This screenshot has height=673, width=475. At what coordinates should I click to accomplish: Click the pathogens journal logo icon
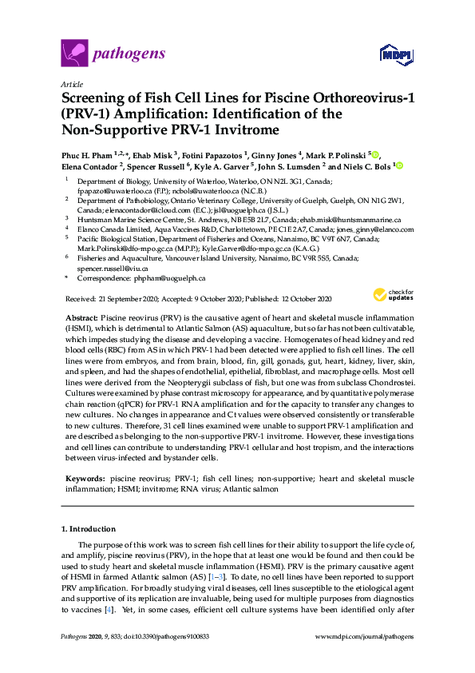[x=73, y=54]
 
